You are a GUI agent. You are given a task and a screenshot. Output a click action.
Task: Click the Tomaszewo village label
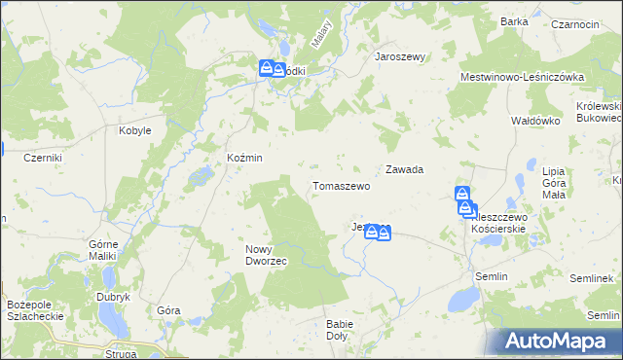coord(341,186)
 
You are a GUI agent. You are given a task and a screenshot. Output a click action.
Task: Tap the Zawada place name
coord(404,169)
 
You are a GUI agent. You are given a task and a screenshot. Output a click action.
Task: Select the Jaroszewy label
coord(401,57)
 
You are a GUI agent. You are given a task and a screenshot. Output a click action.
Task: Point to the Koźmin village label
coord(244,158)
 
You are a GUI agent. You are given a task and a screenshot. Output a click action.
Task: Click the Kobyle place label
coord(135,130)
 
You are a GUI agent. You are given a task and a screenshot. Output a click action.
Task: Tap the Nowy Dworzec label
coord(264,255)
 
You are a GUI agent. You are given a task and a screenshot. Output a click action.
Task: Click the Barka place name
coord(513,21)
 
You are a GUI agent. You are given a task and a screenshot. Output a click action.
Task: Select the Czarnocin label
coord(574,24)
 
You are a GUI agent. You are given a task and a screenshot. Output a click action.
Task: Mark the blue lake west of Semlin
coord(455,301)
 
